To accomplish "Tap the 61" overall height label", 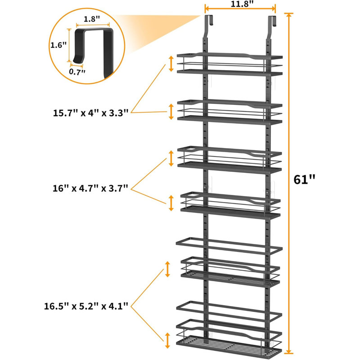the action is pos(305,179).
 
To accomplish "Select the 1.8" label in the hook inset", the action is pos(92,19).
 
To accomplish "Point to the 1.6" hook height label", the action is pos(58,45).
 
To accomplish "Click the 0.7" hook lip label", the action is pos(77,72).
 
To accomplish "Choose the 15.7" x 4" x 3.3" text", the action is pos(91,113).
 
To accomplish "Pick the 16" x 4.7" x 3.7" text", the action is pos(90,189).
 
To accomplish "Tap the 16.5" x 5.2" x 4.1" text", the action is pos(86,306).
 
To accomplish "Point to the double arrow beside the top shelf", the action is pos(171,64).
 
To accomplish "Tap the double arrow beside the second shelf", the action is pos(171,112).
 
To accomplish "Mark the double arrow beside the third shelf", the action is pos(171,158).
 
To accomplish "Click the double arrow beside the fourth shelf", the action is pos(171,203).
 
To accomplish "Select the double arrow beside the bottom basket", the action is pos(167,341).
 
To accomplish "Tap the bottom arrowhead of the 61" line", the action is pos(289,351).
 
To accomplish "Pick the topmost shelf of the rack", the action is pos(229,64).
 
